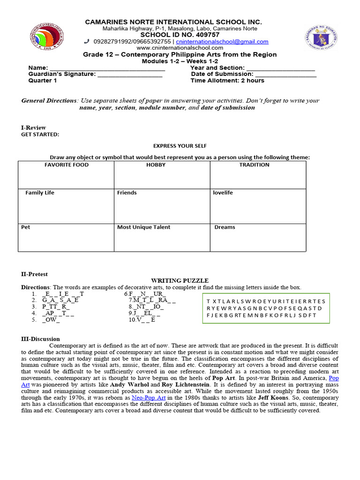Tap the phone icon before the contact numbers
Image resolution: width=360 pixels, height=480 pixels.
(x=87, y=41)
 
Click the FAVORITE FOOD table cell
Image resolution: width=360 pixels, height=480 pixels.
(x=66, y=175)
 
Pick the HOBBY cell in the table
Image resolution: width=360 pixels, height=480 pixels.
(x=162, y=175)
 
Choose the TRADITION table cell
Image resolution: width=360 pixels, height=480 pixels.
(x=258, y=175)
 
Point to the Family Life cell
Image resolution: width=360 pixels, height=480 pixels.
(x=66, y=206)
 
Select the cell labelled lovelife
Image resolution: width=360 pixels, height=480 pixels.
(x=258, y=206)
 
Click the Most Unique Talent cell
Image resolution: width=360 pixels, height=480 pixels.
(x=162, y=237)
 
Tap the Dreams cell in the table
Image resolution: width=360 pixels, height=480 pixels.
(x=258, y=237)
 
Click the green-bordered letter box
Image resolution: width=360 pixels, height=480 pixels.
(x=266, y=308)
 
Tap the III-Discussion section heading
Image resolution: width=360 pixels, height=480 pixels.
(x=41, y=339)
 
